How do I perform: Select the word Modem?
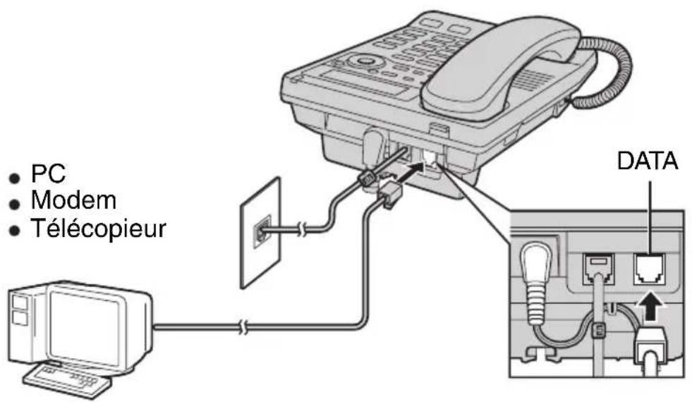(x=74, y=201)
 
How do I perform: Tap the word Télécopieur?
(x=98, y=229)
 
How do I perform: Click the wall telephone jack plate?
(x=260, y=232)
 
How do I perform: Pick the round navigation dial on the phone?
(x=364, y=61)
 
